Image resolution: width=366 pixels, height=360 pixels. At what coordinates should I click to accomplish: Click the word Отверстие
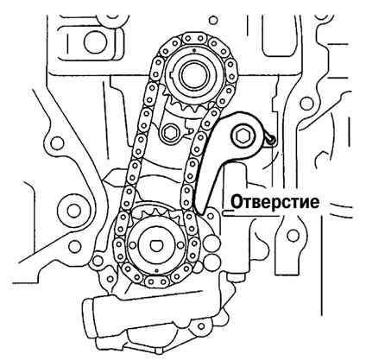coord(275,202)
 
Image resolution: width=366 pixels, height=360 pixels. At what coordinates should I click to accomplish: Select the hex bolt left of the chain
coord(169,133)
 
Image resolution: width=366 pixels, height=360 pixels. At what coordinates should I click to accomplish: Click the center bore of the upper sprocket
coord(193,74)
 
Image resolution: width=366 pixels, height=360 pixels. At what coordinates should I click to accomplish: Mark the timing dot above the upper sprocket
coord(194,50)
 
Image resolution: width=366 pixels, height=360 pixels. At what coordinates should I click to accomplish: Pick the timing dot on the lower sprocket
coord(156,270)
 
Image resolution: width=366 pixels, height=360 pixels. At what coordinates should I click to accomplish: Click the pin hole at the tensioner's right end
coord(272,140)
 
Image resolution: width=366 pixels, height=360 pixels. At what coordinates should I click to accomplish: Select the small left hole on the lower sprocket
coord(132,245)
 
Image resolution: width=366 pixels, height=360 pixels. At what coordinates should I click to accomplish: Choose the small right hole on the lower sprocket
coord(180,245)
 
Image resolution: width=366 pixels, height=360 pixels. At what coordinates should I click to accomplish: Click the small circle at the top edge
coord(212,20)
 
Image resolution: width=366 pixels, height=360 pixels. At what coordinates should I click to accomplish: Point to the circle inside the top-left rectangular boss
coord(94,42)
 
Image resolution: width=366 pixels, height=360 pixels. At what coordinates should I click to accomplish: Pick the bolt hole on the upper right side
coord(306,102)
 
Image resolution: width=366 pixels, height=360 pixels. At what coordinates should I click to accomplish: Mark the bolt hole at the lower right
coord(293,235)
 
